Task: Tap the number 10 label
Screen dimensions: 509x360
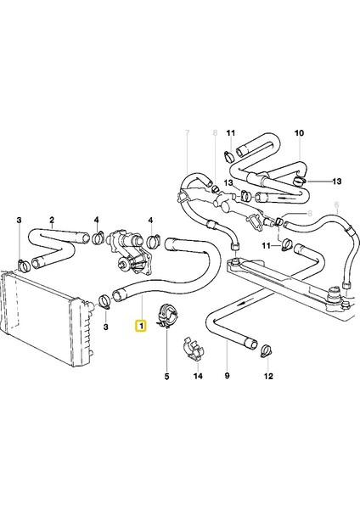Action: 298,133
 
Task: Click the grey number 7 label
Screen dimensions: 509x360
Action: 188,133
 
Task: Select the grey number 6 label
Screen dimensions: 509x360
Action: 336,204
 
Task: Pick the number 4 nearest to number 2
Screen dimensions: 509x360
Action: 96,219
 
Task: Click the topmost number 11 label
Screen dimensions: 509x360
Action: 230,133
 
